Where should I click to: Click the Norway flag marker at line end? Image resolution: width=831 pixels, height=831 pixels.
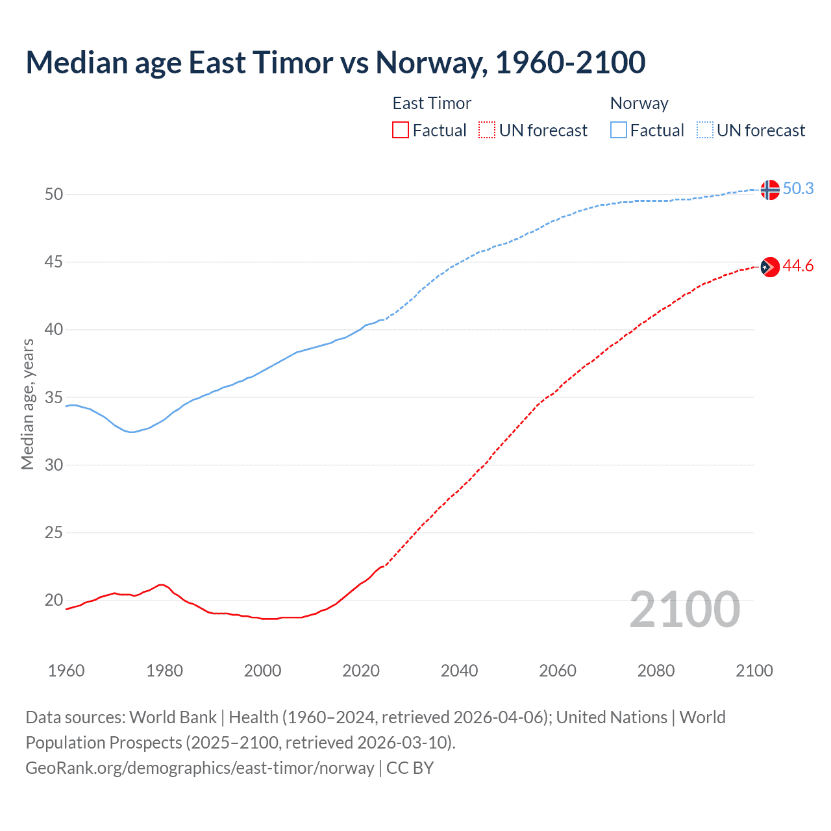[769, 190]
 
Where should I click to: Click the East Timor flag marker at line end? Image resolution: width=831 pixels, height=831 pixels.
[769, 267]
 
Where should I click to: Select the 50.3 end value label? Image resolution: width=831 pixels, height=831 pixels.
[798, 188]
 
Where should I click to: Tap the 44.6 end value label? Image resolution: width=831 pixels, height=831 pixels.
[798, 266]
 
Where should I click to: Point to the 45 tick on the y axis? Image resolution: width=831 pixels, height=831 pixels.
[54, 262]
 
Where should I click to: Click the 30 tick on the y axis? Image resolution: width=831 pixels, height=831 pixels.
[54, 465]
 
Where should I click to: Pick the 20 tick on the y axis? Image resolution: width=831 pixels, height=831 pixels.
[54, 600]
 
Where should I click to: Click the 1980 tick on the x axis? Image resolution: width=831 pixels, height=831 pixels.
[164, 671]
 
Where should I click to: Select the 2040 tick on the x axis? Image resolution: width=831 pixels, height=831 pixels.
[459, 671]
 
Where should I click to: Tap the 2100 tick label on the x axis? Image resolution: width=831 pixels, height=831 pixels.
[754, 671]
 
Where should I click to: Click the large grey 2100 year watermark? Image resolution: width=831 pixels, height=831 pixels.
[684, 609]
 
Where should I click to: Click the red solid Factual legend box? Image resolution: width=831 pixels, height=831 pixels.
[401, 130]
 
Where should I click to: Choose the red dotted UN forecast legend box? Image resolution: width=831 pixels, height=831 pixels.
[487, 130]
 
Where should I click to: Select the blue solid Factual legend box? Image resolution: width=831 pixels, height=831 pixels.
[619, 130]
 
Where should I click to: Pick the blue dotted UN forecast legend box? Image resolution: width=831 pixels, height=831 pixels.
[705, 130]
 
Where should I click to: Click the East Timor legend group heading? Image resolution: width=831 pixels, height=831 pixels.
[432, 103]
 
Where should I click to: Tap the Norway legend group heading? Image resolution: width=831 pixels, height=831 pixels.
[639, 103]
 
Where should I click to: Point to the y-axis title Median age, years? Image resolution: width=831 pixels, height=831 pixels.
[27, 404]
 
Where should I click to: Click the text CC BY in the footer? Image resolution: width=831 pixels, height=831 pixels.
[410, 768]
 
